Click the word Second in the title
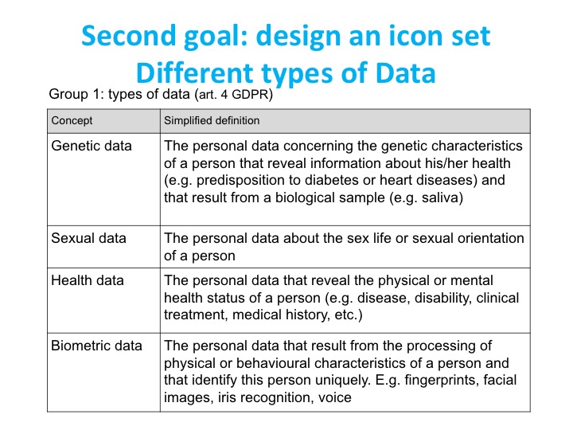(x=128, y=36)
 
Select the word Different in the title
(x=195, y=72)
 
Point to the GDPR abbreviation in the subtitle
(x=252, y=94)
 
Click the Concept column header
(x=72, y=121)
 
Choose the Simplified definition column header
(x=212, y=121)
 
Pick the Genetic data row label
(x=92, y=146)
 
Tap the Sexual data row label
(x=89, y=238)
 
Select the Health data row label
(x=88, y=280)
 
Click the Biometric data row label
(x=96, y=346)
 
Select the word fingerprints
(x=442, y=381)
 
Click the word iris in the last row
(x=224, y=397)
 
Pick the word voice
(x=335, y=397)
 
